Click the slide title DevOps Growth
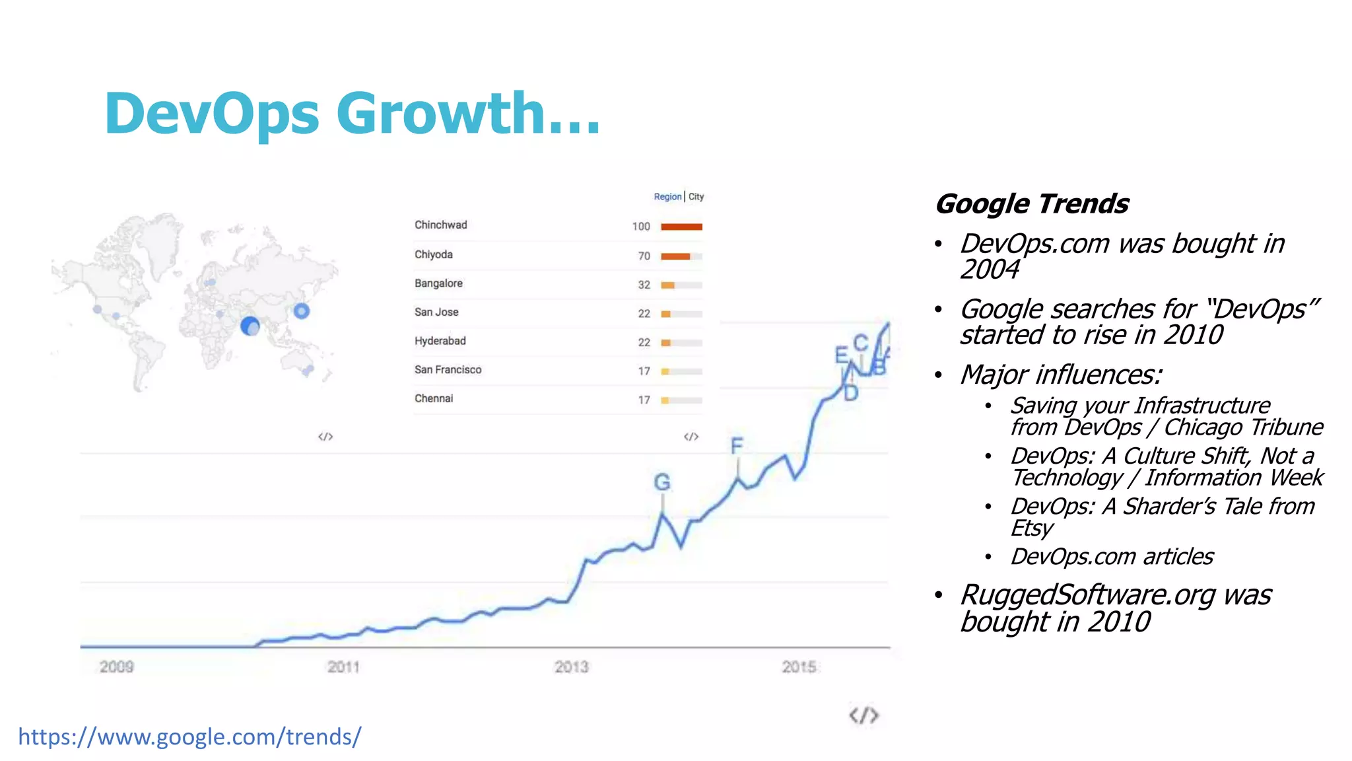(x=352, y=114)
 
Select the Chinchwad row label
(x=440, y=225)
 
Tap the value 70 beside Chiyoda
(x=644, y=256)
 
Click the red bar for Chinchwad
(x=681, y=227)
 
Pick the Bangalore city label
(x=438, y=283)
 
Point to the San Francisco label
(x=448, y=370)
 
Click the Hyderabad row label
(x=440, y=341)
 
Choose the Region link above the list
(x=667, y=197)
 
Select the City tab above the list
(x=696, y=197)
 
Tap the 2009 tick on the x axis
(x=117, y=667)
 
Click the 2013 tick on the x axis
(x=571, y=667)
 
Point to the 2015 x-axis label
(x=799, y=667)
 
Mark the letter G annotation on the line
(x=662, y=482)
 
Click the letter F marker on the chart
(x=737, y=447)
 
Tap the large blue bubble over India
(x=250, y=326)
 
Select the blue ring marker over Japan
(x=301, y=310)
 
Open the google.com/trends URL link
(x=189, y=737)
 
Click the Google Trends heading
(x=1032, y=203)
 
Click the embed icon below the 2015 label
(x=863, y=715)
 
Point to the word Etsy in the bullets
(x=1032, y=528)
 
